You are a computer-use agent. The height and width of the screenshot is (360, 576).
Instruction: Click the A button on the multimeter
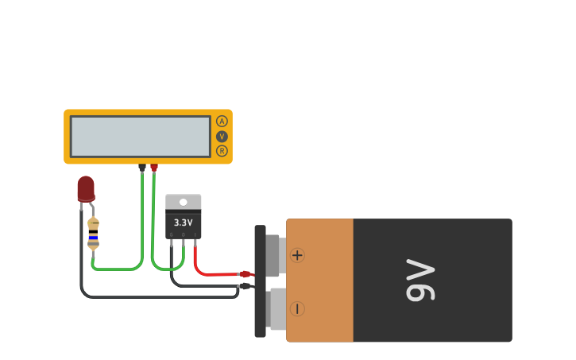click(x=222, y=122)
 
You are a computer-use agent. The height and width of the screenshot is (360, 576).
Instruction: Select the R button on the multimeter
click(x=222, y=151)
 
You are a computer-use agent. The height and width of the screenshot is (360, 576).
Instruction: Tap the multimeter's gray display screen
click(x=141, y=137)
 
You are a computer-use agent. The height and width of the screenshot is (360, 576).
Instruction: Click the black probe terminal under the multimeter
click(x=142, y=167)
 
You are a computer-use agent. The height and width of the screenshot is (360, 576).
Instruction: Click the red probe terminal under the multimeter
click(x=154, y=167)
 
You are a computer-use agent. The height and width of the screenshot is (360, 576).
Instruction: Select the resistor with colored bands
click(x=94, y=233)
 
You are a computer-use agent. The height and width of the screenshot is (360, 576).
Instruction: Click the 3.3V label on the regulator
click(x=184, y=223)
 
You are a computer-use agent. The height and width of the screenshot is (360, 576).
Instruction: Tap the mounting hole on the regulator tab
click(x=184, y=202)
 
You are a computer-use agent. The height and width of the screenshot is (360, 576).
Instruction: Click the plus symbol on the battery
click(x=297, y=255)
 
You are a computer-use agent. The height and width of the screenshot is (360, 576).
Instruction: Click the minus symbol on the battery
click(x=297, y=308)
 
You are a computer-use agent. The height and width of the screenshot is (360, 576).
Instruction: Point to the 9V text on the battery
click(x=420, y=281)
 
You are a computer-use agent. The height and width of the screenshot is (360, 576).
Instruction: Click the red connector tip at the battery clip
click(x=245, y=274)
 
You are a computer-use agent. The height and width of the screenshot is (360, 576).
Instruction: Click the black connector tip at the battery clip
click(x=245, y=286)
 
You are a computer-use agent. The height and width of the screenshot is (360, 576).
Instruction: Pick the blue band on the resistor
click(x=94, y=237)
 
